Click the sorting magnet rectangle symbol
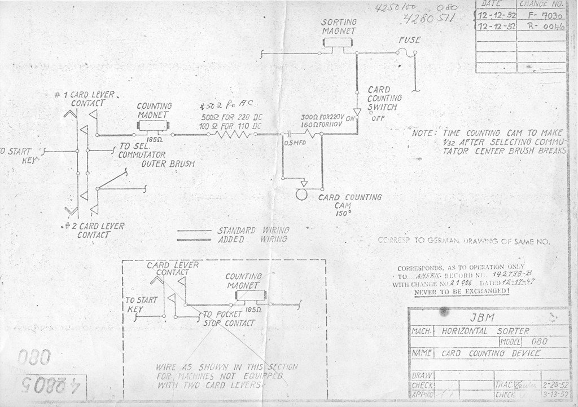338,42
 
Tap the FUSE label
409,40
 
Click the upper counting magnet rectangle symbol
154,125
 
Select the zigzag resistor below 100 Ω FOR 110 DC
235,134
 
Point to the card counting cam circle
302,194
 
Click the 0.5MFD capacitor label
295,143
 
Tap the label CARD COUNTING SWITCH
384,99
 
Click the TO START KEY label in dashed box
141,304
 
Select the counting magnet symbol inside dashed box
250,295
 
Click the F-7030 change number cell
541,16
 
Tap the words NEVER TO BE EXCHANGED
461,292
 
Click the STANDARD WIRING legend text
253,230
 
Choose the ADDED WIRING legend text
253,239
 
